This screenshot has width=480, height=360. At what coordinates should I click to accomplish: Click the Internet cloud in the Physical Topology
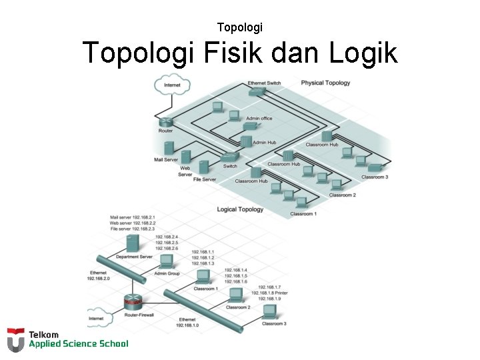[172, 85]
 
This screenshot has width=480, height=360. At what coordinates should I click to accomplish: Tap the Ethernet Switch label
[264, 83]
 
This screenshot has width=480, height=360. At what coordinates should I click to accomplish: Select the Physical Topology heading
[325, 83]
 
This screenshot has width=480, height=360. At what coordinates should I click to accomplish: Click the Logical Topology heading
[240, 209]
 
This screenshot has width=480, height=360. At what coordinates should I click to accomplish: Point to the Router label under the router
[165, 131]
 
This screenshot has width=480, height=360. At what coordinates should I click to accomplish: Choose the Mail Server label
[166, 160]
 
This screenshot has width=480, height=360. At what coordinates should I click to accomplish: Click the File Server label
[205, 179]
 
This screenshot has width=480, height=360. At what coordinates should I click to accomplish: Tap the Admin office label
[259, 119]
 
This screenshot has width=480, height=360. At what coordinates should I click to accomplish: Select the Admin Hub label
[264, 142]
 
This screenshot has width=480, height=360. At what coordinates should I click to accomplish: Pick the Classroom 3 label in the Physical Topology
[374, 177]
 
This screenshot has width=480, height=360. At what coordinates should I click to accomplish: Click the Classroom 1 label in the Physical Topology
[303, 214]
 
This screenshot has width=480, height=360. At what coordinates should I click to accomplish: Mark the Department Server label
[134, 257]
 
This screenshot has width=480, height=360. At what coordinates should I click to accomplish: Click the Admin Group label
[167, 273]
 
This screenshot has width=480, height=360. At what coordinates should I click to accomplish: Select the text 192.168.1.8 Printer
[269, 293]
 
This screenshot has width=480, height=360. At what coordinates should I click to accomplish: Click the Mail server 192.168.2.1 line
[132, 217]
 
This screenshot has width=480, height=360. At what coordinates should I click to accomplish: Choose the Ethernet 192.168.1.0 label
[187, 323]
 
